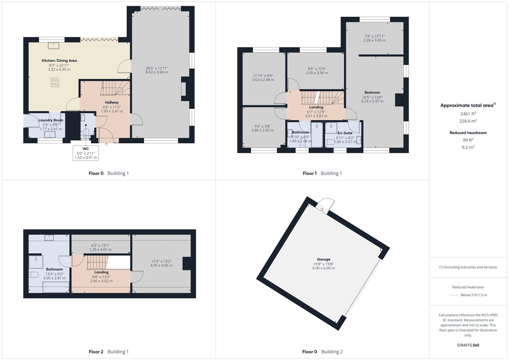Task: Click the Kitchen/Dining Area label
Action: pyautogui.click(x=59, y=61)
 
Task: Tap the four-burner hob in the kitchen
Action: pyautogui.click(x=55, y=82)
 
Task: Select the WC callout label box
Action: pyautogui.click(x=86, y=153)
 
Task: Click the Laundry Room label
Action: pyautogui.click(x=51, y=120)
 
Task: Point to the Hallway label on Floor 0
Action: pyautogui.click(x=112, y=102)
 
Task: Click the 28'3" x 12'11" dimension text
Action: pyautogui.click(x=157, y=68)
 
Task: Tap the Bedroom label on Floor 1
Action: pyautogui.click(x=372, y=92)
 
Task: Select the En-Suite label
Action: pyautogui.click(x=345, y=133)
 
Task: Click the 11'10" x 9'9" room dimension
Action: pyautogui.click(x=263, y=76)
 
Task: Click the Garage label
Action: pyautogui.click(x=323, y=259)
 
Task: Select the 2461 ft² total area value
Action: pyautogui.click(x=468, y=114)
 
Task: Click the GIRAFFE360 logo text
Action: pyautogui.click(x=468, y=345)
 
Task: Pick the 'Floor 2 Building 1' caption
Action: pyautogui.click(x=109, y=352)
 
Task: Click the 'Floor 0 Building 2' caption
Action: pyautogui.click(x=322, y=352)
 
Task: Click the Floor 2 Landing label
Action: pyautogui.click(x=101, y=272)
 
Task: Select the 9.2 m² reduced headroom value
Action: pyautogui.click(x=468, y=147)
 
